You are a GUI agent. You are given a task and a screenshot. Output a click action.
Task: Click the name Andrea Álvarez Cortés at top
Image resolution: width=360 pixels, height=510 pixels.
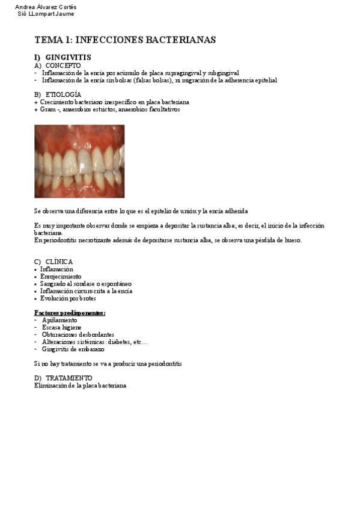point(46,7)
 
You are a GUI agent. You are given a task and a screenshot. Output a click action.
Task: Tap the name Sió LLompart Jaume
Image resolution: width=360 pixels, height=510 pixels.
point(46,14)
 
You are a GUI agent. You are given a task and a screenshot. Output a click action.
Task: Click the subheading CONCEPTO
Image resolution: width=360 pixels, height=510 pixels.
point(63,66)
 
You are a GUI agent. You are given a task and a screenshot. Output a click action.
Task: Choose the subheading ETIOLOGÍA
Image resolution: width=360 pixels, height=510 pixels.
point(63,95)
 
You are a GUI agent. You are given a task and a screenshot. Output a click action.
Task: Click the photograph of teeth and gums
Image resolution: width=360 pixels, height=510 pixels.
point(79,161)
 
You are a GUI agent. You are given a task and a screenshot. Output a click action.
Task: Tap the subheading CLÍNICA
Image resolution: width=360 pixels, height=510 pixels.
point(59,262)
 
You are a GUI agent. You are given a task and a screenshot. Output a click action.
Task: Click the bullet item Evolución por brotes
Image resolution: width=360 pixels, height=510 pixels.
point(68,298)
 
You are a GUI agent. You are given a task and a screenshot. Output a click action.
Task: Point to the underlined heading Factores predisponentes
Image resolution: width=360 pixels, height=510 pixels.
point(70,313)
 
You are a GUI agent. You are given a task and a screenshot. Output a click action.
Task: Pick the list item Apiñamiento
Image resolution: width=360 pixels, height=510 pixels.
point(59,321)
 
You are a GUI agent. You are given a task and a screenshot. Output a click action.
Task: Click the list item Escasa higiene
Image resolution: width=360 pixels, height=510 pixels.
point(61,328)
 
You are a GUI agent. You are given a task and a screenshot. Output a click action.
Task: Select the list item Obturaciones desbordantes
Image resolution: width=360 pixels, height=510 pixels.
point(78,335)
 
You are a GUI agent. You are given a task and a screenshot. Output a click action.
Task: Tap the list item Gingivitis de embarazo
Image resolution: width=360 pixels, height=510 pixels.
point(73,349)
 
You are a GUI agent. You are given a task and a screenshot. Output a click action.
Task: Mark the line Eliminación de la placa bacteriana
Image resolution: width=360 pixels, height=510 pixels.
point(80,386)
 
